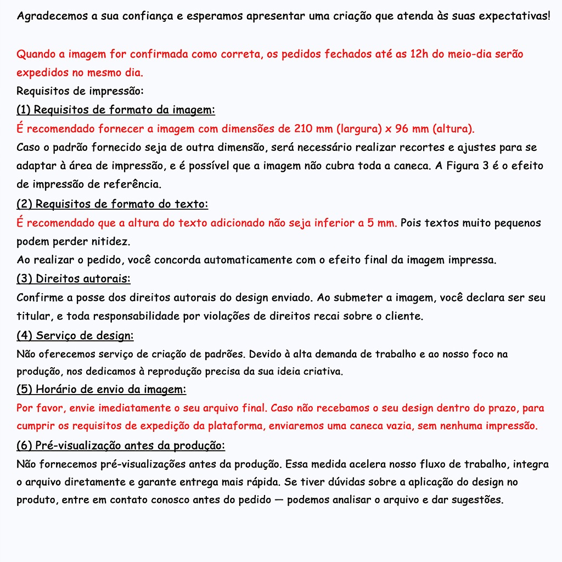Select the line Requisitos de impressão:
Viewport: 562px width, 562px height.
[x=80, y=91]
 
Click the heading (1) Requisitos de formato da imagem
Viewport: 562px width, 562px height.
[x=115, y=110]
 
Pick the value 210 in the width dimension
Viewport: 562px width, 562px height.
[x=304, y=129]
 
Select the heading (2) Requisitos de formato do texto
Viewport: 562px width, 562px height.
[x=112, y=204]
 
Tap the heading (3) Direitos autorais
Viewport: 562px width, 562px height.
[x=74, y=279]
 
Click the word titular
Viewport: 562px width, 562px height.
[x=33, y=316]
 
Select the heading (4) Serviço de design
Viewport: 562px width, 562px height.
[x=75, y=335]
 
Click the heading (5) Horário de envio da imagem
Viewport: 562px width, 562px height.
[x=101, y=390]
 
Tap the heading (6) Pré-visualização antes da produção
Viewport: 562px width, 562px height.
[x=121, y=445]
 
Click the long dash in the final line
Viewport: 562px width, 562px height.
[x=279, y=500]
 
